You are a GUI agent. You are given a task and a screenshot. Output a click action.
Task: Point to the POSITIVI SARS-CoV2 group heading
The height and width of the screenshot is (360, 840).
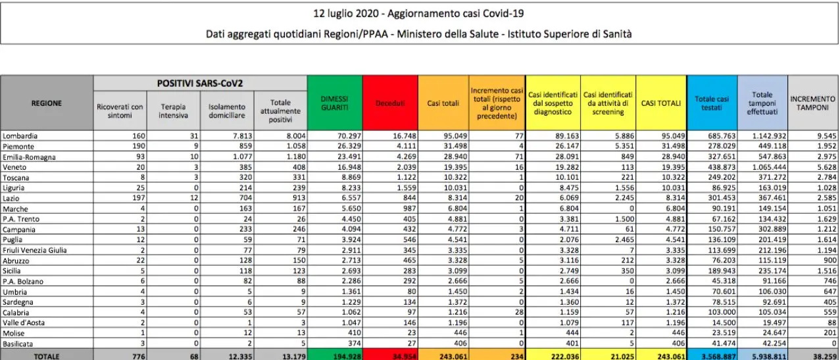pyautogui.click(x=200, y=84)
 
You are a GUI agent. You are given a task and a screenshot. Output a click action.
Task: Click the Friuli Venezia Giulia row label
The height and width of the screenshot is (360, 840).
pyautogui.click(x=35, y=250)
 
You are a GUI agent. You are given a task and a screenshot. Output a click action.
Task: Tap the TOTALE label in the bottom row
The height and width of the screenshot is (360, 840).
pyautogui.click(x=45, y=355)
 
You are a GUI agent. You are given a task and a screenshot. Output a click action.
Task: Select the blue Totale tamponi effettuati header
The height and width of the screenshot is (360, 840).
pyautogui.click(x=762, y=103)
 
